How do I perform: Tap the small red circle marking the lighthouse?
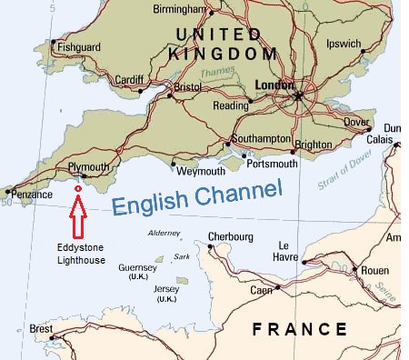click(78, 188)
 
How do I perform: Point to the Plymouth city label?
click(88, 167)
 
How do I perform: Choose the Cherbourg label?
click(231, 237)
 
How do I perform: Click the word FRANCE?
click(300, 329)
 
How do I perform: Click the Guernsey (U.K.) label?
click(138, 273)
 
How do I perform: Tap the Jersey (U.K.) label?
click(167, 293)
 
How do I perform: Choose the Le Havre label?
click(289, 251)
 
